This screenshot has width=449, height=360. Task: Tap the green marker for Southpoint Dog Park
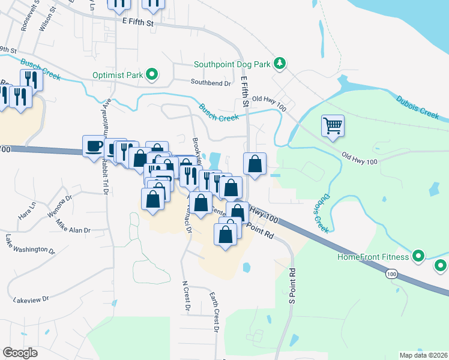point(279,63)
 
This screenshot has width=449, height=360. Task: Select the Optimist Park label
point(118,76)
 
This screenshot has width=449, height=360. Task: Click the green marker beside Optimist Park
point(152,75)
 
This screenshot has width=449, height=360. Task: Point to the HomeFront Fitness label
point(373,257)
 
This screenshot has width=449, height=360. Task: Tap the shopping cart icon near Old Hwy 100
point(333,126)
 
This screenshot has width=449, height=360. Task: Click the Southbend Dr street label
point(211,82)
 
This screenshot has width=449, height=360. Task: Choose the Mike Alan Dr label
point(73,228)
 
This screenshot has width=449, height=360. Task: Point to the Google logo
point(20,353)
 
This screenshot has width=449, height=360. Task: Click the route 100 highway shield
point(391,274)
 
